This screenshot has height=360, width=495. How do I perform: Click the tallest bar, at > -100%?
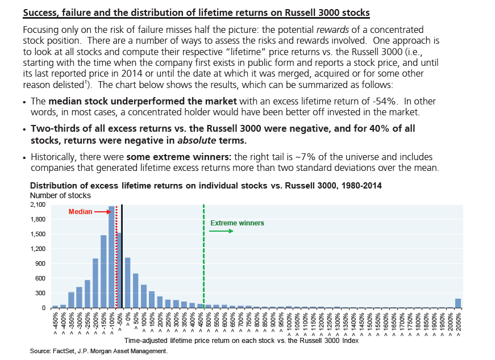click(111, 257)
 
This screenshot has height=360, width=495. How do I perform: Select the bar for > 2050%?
click(458, 303)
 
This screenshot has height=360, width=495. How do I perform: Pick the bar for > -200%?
click(95, 283)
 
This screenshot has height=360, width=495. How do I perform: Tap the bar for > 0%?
click(128, 283)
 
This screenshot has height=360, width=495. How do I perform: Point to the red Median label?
click(80, 211)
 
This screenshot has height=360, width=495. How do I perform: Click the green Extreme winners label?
click(237, 223)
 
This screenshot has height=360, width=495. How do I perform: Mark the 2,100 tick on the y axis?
click(38, 204)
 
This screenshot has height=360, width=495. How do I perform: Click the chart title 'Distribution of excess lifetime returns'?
click(206, 186)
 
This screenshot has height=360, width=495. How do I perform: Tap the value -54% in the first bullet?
click(352, 102)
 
